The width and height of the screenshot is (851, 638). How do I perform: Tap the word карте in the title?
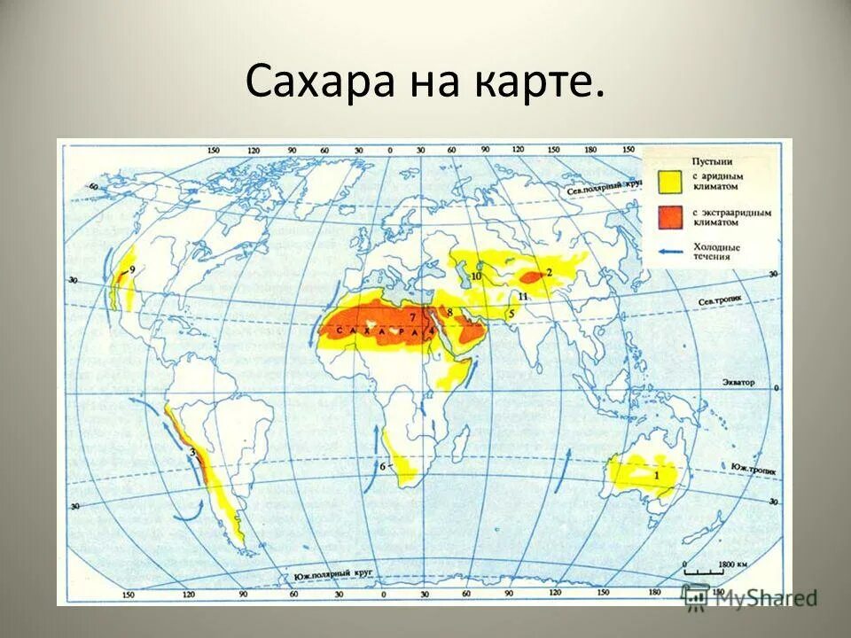(542, 82)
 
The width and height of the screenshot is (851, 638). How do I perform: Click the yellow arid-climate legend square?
(670, 182)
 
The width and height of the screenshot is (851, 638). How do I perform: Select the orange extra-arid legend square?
(670, 217)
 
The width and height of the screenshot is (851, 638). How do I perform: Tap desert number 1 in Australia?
(656, 475)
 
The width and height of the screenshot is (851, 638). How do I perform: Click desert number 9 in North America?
(132, 269)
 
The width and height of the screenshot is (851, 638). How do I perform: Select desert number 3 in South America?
(191, 453)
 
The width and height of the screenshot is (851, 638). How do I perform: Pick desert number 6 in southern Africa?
(383, 466)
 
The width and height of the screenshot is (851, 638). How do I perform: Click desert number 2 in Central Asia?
(549, 273)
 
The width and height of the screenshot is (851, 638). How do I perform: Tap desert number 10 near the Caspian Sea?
(476, 276)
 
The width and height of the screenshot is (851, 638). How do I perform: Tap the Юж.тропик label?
(750, 464)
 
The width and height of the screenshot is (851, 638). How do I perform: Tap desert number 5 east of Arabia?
(511, 313)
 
